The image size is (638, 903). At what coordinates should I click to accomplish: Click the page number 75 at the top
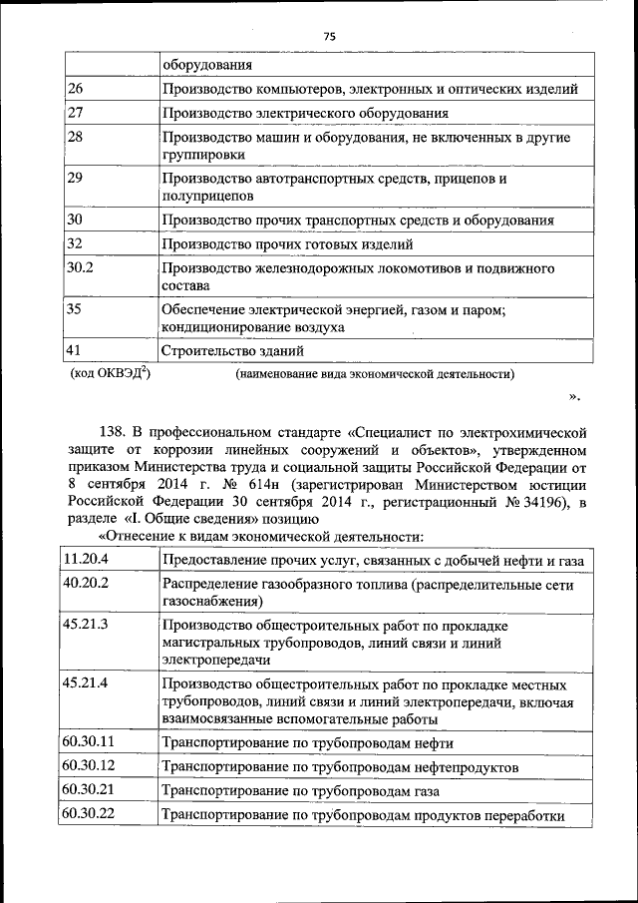coord(330,36)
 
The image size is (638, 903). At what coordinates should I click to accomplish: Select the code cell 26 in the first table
coord(75,90)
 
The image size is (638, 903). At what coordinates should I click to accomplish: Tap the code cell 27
coord(75,113)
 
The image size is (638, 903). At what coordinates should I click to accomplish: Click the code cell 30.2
coord(79,268)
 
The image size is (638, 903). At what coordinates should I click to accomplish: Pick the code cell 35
coord(74,310)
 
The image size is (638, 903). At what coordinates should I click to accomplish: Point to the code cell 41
coord(74,351)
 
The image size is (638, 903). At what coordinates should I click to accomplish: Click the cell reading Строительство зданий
coord(233,352)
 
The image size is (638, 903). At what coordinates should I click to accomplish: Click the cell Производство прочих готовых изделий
coord(288,243)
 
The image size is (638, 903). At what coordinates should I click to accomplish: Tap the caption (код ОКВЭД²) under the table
coord(110,374)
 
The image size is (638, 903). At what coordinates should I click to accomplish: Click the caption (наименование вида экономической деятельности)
coord(375,375)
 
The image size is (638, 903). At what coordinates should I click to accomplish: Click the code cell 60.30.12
coord(89,765)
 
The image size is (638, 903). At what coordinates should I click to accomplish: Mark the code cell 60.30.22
coord(89,814)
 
